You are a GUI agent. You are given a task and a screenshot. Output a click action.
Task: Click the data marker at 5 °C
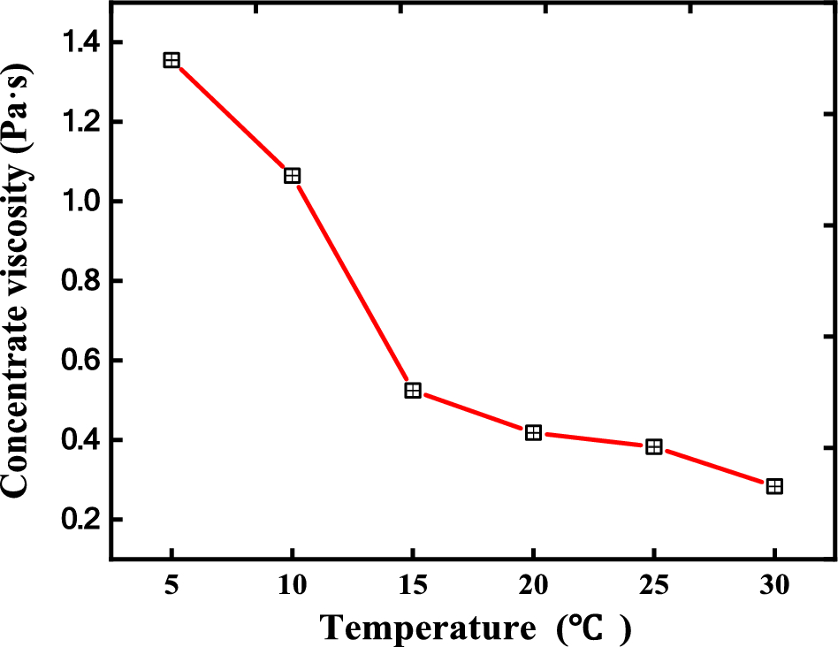(171, 60)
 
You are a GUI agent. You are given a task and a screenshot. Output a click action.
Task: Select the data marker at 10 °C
(292, 176)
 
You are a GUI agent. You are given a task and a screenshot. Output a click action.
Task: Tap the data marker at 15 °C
(413, 390)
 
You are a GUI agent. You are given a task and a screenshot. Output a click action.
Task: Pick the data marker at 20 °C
(533, 432)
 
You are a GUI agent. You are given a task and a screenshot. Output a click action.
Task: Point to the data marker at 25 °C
(654, 446)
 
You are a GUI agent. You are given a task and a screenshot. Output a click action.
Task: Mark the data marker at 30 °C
(774, 486)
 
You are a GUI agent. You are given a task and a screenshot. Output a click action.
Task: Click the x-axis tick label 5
(171, 586)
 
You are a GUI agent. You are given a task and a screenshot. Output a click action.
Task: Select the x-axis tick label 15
(413, 586)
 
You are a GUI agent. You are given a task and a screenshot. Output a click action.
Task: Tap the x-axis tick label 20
(533, 586)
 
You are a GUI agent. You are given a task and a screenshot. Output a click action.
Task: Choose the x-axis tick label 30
(774, 586)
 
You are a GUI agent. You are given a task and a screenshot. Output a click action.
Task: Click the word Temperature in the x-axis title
(428, 628)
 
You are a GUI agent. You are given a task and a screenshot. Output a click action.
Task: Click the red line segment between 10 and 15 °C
(353, 283)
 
